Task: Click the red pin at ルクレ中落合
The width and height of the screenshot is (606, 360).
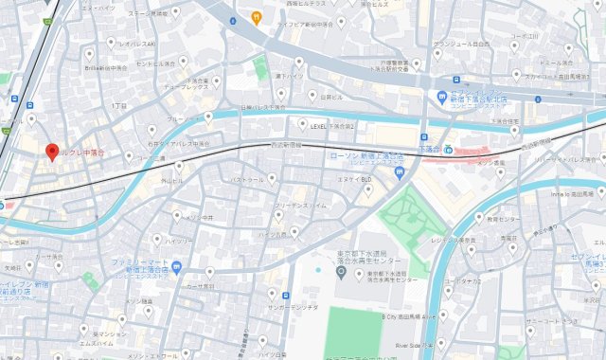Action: (53, 151)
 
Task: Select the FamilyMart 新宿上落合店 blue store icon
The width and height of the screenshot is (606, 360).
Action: (177, 268)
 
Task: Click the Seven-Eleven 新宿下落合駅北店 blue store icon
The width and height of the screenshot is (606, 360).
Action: (442, 98)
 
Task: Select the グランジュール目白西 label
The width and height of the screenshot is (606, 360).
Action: (461, 45)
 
